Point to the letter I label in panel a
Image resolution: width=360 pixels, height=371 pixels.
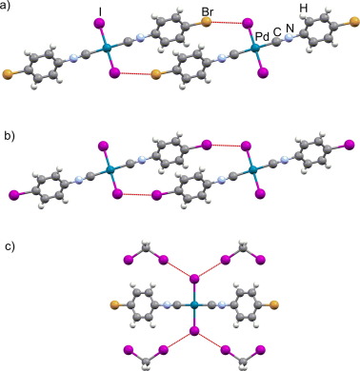click(100, 11)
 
